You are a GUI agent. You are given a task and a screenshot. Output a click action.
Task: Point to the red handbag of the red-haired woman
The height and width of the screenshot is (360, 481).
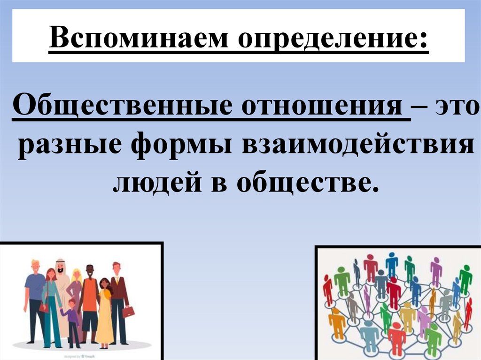point(44,307)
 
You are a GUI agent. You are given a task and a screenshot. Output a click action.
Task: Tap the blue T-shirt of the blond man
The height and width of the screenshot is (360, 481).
point(35,287)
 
